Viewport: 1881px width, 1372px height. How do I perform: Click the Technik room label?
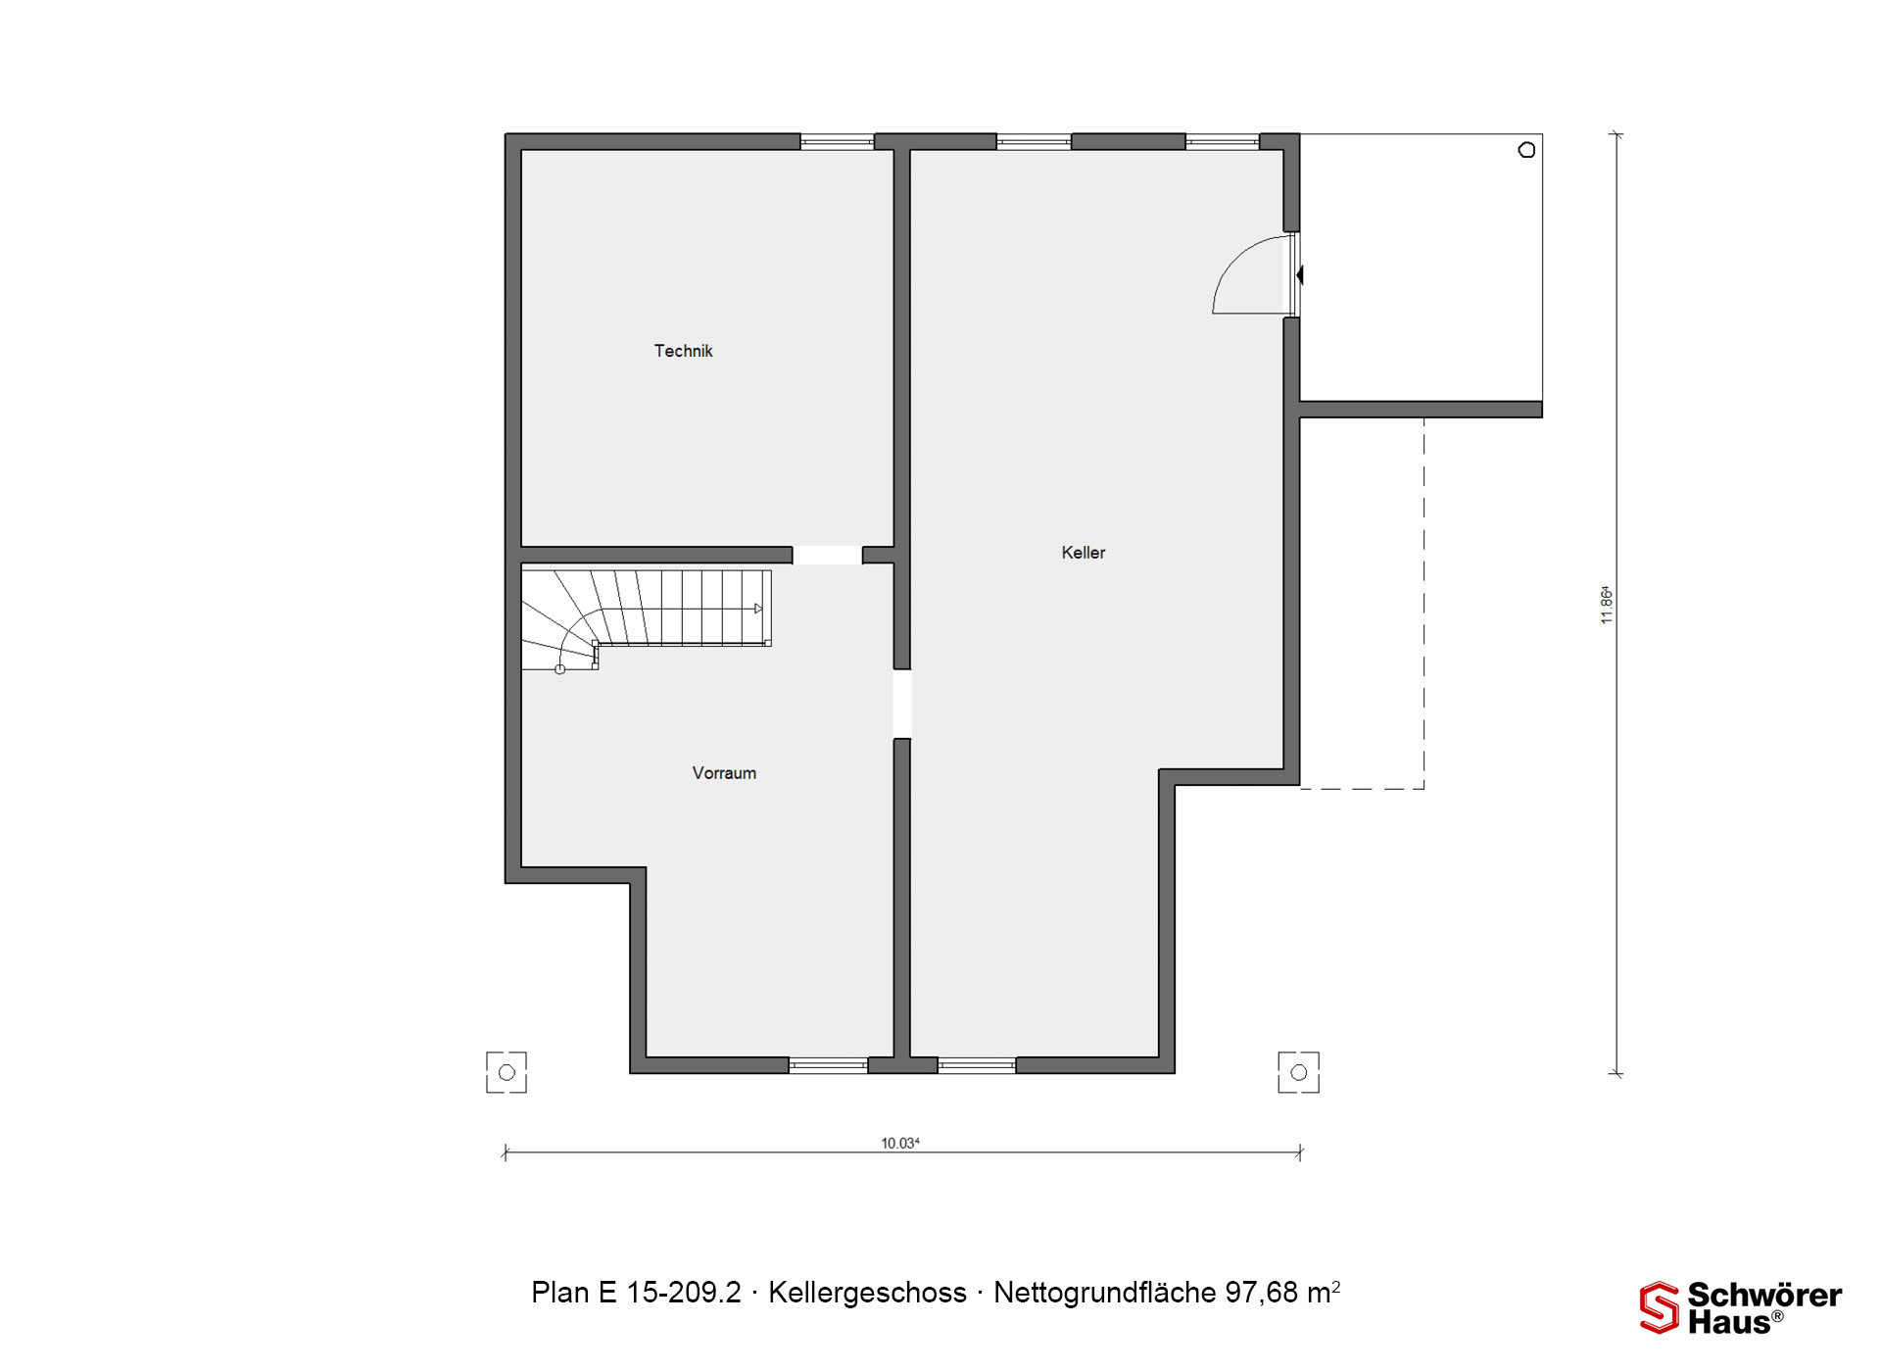[x=683, y=351]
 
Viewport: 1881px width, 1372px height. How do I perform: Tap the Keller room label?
[x=1083, y=553]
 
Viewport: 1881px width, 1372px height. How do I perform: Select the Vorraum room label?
[x=724, y=773]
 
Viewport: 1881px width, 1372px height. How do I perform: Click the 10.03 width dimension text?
[x=899, y=1143]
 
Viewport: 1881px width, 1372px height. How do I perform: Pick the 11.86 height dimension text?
[x=1606, y=605]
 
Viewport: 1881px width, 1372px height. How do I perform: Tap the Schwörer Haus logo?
[x=1740, y=1307]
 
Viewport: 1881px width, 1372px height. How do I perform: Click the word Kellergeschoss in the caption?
[x=867, y=1293]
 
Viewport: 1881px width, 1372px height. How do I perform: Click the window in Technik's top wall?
[x=837, y=142]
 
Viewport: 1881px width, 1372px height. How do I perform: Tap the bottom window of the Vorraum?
[x=828, y=1065]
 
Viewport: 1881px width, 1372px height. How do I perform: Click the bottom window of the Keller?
[x=976, y=1065]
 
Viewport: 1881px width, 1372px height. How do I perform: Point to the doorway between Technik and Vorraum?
[x=827, y=556]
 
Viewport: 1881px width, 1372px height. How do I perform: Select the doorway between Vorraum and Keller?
[x=902, y=704]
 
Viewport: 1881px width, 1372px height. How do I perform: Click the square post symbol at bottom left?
[x=506, y=1072]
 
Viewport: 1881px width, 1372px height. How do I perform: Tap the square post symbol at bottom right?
[x=1299, y=1072]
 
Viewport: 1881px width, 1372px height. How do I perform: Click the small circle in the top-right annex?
[x=1526, y=150]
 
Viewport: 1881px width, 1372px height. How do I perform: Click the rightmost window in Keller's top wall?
[x=1222, y=142]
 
